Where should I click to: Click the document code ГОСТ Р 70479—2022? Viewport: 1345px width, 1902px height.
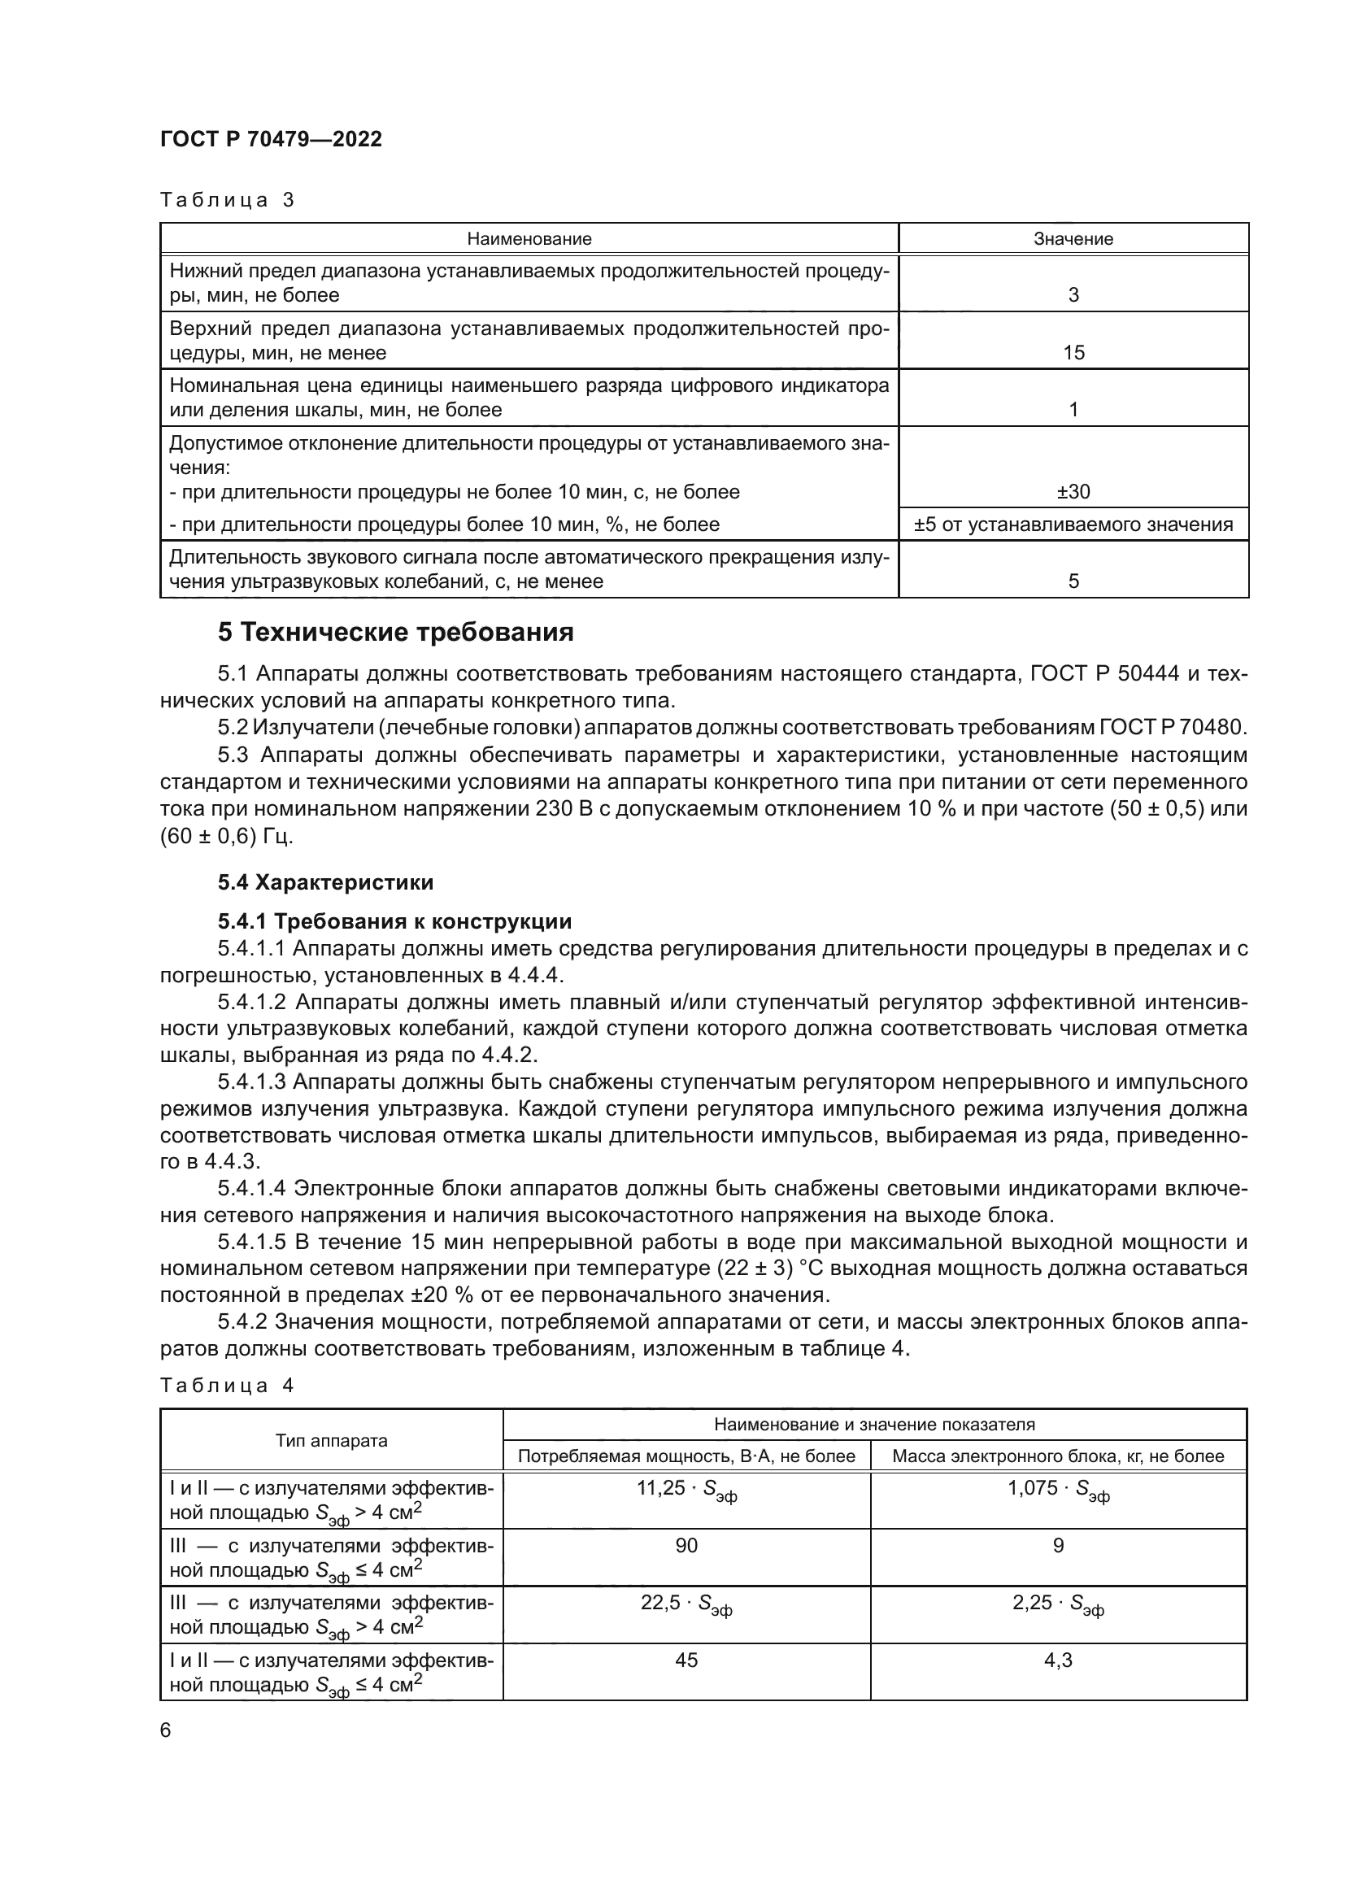(x=271, y=139)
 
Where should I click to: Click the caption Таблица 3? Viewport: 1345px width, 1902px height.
(x=227, y=200)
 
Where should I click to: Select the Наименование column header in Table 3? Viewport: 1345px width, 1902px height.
(x=529, y=239)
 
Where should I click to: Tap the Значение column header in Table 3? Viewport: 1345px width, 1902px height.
(x=1073, y=239)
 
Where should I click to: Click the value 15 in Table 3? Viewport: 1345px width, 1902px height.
(x=1073, y=353)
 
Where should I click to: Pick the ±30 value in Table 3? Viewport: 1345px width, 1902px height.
(x=1073, y=492)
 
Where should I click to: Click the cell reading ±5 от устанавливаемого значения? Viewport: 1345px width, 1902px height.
(x=1073, y=524)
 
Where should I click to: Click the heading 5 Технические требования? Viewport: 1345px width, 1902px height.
(x=396, y=633)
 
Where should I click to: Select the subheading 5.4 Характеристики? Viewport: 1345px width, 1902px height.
(x=325, y=882)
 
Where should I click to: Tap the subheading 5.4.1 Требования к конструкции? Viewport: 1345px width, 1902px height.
(x=394, y=922)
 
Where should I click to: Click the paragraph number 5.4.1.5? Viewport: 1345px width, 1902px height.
(x=252, y=1242)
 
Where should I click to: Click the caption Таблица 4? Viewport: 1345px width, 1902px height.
(x=227, y=1386)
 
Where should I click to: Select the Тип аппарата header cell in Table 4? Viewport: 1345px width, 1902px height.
(x=331, y=1441)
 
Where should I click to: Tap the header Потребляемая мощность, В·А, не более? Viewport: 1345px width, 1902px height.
(x=686, y=1456)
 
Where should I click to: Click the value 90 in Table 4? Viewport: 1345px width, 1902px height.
(x=686, y=1546)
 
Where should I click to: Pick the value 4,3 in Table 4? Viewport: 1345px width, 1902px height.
(x=1058, y=1660)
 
